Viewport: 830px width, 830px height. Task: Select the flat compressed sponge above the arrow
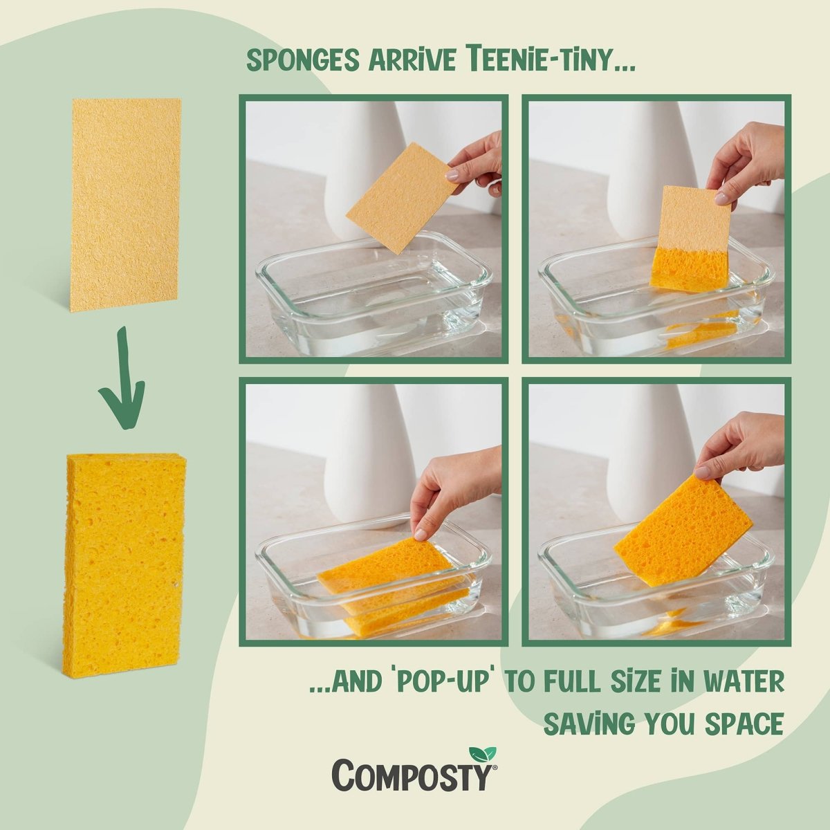[125, 204]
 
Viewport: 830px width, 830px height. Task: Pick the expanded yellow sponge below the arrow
[124, 564]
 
